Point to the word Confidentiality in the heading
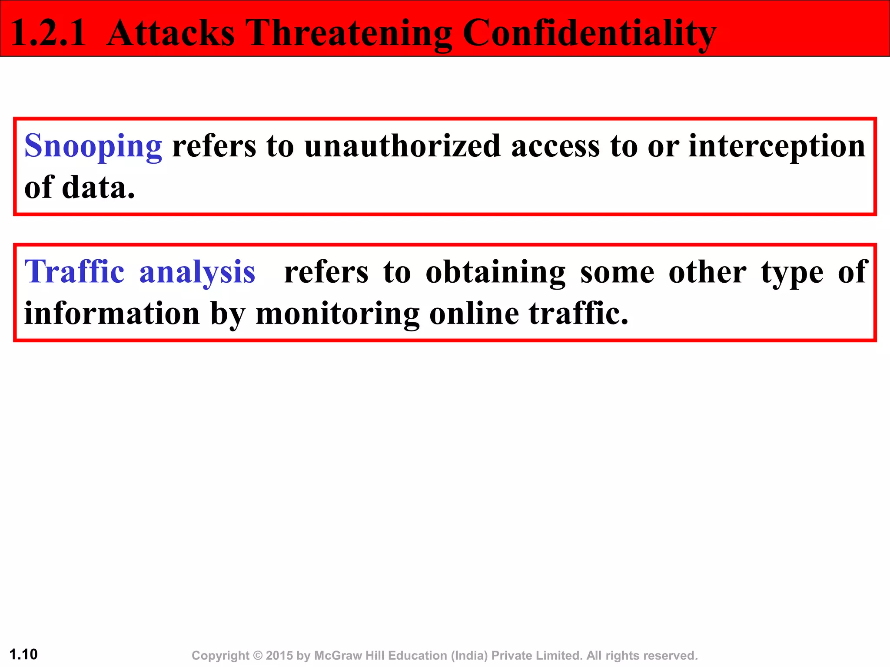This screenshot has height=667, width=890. click(589, 34)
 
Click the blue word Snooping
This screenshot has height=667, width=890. click(93, 147)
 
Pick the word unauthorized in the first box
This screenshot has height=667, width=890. click(402, 146)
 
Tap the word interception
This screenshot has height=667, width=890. click(777, 147)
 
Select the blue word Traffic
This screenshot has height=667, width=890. click(74, 272)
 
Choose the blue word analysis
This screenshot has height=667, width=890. click(197, 273)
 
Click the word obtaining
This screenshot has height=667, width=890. click(495, 273)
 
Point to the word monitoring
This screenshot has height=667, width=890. click(338, 314)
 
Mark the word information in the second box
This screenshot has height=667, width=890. click(112, 313)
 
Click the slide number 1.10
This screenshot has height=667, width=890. click(23, 654)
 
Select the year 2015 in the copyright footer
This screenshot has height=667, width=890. click(279, 655)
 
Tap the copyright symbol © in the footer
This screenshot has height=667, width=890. click(258, 655)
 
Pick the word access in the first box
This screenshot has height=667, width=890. click(555, 147)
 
